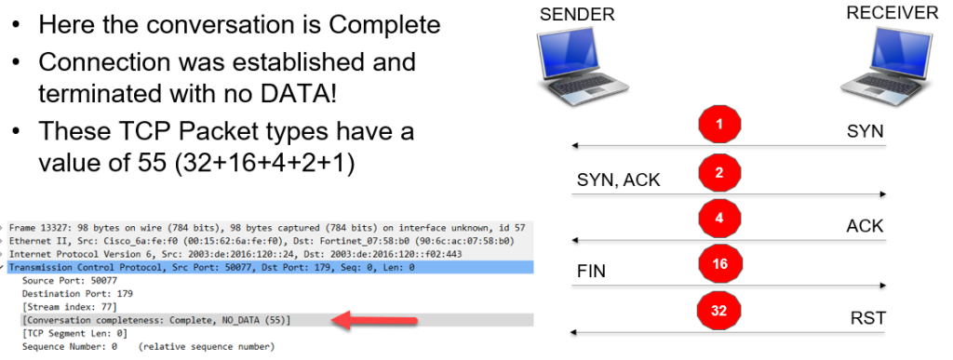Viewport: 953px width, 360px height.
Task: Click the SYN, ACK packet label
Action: pos(617,179)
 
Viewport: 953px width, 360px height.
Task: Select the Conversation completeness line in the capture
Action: pos(155,320)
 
